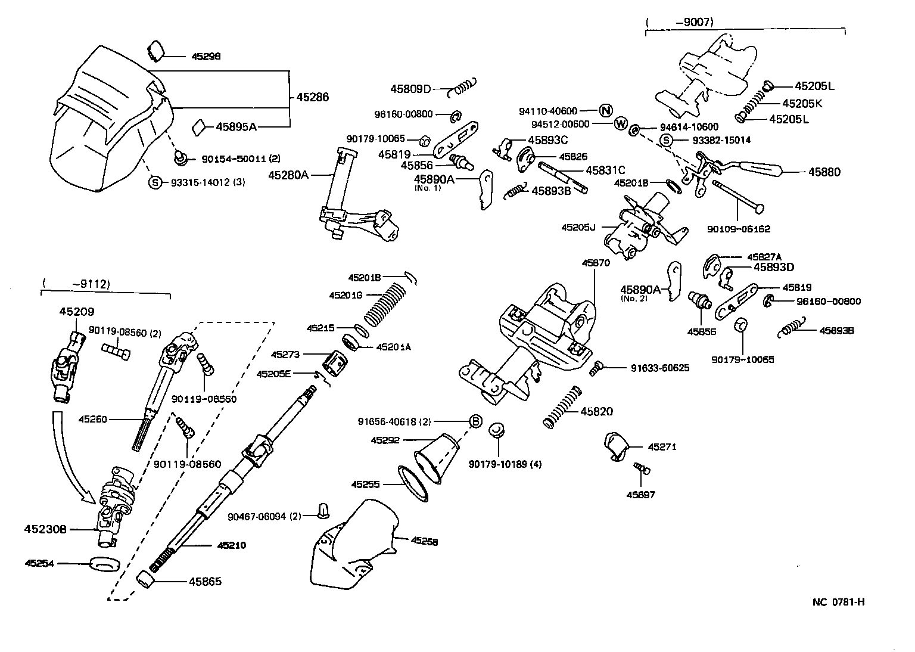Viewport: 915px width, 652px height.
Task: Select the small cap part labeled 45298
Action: pyautogui.click(x=156, y=51)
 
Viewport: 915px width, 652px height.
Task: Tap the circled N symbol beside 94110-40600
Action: pyautogui.click(x=606, y=110)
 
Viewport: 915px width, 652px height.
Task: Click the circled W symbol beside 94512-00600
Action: pyautogui.click(x=621, y=124)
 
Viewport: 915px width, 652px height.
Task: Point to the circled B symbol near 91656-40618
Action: pyautogui.click(x=476, y=421)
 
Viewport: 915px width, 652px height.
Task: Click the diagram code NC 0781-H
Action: pyautogui.click(x=838, y=601)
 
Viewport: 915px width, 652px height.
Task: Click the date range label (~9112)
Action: pyautogui.click(x=76, y=284)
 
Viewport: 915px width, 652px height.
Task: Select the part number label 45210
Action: pyautogui.click(x=232, y=545)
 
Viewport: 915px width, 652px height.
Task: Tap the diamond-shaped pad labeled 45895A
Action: pyautogui.click(x=199, y=127)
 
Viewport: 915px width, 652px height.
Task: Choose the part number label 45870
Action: pyautogui.click(x=596, y=263)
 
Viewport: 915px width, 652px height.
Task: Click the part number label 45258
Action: pyautogui.click(x=424, y=542)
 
